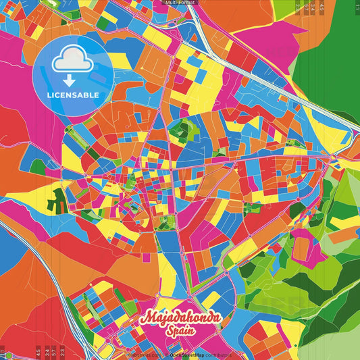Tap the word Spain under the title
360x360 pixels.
point(180,333)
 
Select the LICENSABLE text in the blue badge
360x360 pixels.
point(73,95)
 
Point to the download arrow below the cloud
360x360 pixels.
point(71,80)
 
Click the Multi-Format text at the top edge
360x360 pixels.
point(180,3)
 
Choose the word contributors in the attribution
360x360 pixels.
point(215,355)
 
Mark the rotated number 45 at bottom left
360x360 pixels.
point(38,352)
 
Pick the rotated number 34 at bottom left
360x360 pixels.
point(46,352)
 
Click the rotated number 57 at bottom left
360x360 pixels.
point(54,352)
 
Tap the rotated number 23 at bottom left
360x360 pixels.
point(62,352)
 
